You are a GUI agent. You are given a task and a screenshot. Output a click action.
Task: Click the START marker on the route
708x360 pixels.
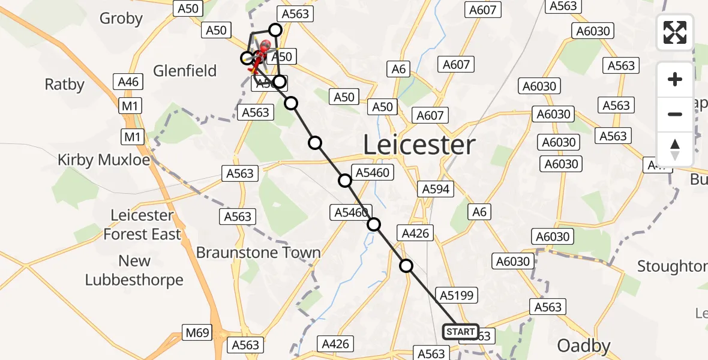460,332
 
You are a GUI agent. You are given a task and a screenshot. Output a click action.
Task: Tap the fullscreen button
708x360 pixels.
675,32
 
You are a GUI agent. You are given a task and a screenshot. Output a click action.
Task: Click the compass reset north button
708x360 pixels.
675,149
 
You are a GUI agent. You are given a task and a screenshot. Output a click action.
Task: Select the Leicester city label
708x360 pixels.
419,145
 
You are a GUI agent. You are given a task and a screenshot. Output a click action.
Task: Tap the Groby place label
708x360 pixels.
121,19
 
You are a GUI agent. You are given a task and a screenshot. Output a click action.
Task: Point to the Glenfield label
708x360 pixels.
185,71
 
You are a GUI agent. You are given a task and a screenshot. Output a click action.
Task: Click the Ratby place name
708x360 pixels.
65,85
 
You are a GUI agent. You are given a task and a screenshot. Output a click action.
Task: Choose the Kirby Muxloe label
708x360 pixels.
103,160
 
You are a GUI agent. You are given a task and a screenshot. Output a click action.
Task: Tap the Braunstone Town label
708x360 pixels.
259,253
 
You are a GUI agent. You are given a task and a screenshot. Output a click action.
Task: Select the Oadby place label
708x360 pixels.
584,346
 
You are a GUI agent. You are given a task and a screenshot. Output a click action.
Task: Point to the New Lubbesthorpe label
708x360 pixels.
134,271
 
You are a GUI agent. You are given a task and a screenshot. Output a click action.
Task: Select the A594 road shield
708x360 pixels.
436,189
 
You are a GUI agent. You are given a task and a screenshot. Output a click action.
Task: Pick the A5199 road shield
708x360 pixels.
457,295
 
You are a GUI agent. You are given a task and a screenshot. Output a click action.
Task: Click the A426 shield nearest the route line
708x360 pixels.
415,233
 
